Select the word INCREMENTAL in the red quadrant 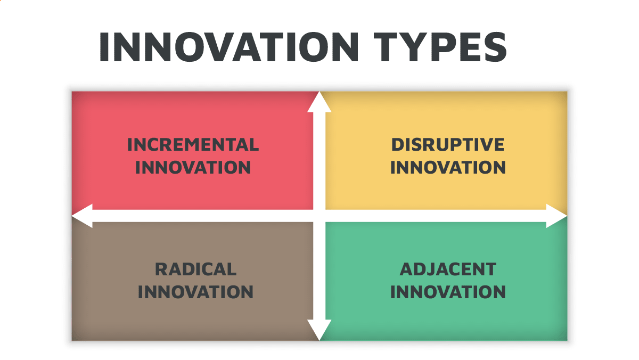[193, 144]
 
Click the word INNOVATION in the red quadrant [193, 167]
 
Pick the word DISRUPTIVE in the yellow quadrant [448, 144]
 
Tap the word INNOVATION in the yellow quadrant [448, 167]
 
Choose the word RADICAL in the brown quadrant [195, 269]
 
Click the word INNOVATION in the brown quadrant [195, 292]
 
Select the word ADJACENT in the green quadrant [448, 269]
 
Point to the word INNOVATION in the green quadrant [448, 292]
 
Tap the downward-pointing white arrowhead [319, 330]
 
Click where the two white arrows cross [319, 216]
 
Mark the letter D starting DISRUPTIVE [397, 144]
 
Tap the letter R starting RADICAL [161, 269]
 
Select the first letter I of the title [104, 47]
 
